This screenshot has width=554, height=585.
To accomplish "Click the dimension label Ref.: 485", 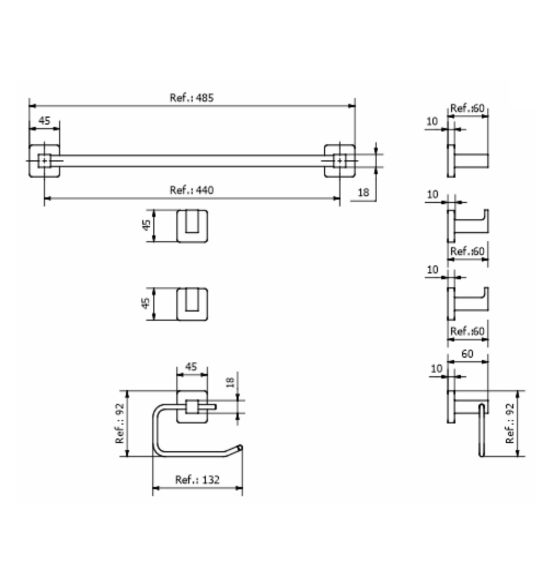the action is (191, 98).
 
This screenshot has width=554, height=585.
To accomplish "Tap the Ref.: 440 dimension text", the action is (191, 190).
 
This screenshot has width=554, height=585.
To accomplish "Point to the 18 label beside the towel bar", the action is (363, 192).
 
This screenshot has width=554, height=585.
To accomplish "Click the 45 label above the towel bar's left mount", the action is (44, 120).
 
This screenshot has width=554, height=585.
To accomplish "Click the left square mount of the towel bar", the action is (44, 161).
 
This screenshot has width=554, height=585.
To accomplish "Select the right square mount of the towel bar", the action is (340, 161).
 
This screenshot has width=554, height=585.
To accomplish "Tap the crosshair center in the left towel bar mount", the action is (44, 161).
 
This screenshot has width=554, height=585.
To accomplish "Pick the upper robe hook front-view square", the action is (192, 226).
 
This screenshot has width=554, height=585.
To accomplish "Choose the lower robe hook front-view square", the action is (192, 304).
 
